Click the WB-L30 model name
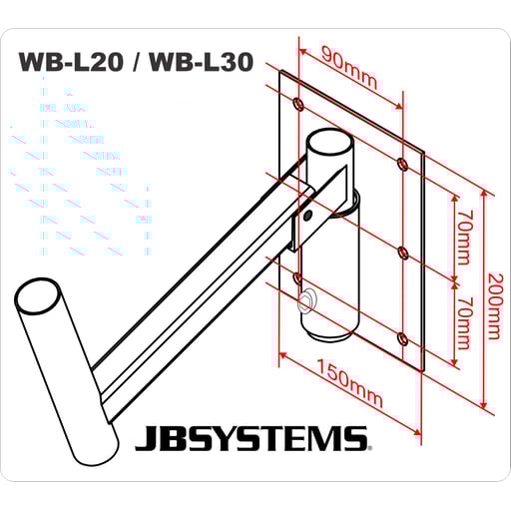click(x=199, y=62)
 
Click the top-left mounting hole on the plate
click(x=300, y=104)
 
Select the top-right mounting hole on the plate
click(x=401, y=163)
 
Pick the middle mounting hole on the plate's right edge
click(x=401, y=252)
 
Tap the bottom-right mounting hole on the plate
click(x=401, y=340)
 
